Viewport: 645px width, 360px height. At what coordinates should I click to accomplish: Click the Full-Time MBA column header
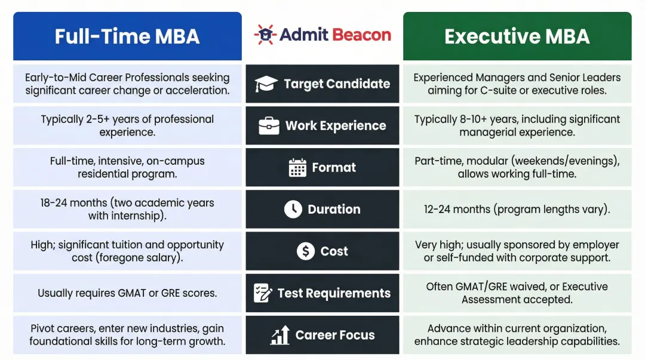coord(127,36)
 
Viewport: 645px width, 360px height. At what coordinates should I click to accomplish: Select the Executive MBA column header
coord(517,36)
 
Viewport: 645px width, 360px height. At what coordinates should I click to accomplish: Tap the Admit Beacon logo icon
coord(265,35)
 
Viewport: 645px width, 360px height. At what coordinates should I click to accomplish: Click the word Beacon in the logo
coord(360,35)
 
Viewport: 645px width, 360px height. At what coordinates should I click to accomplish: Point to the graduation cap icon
coord(266,84)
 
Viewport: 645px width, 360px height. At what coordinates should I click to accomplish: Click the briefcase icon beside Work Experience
coord(269,126)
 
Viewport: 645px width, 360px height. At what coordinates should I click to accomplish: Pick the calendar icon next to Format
coord(297,168)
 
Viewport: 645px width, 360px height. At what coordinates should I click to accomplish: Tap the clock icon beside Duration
coord(293,210)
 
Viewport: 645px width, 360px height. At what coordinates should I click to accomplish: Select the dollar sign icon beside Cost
coord(306,251)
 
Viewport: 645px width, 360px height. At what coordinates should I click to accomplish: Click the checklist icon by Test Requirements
coord(263,293)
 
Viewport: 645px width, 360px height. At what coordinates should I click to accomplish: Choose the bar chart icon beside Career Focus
coord(280,335)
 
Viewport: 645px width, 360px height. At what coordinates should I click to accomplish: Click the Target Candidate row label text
coord(337,84)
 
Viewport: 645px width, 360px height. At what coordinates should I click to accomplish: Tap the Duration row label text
coord(334,210)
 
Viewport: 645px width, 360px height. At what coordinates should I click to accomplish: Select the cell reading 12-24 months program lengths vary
coord(517,210)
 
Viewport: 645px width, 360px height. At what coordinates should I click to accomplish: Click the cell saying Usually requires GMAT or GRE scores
coord(127,293)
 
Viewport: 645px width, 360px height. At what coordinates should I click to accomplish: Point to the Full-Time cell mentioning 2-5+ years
coord(127,126)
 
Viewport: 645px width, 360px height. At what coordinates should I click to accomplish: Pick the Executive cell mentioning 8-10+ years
coord(517,126)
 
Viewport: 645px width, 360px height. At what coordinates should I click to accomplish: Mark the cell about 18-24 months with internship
coord(127,210)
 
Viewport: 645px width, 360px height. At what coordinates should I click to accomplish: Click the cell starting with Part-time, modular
coord(517,168)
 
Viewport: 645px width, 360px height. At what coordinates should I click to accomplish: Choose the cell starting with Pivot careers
coord(127,335)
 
